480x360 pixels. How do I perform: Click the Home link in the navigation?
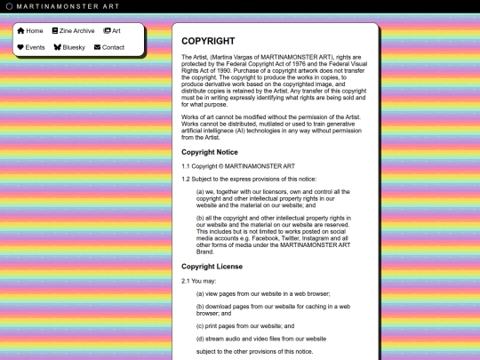pyautogui.click(x=35, y=30)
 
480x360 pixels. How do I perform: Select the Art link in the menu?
pyautogui.click(x=116, y=30)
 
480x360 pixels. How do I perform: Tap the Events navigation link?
pyautogui.click(x=35, y=47)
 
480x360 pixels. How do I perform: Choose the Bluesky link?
pyautogui.click(x=74, y=47)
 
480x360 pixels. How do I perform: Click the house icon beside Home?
pyautogui.click(x=20, y=30)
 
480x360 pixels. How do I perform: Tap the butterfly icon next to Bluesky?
pyautogui.click(x=58, y=47)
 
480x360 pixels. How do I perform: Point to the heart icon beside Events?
pyautogui.click(x=20, y=47)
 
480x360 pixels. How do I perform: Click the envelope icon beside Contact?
pyautogui.click(x=96, y=47)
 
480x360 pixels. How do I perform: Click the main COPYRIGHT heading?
pyautogui.click(x=208, y=41)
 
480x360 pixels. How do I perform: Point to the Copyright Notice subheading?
pyautogui.click(x=210, y=152)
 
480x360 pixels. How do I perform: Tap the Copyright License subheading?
pyautogui.click(x=212, y=266)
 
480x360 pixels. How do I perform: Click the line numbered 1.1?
pyautogui.click(x=186, y=166)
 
